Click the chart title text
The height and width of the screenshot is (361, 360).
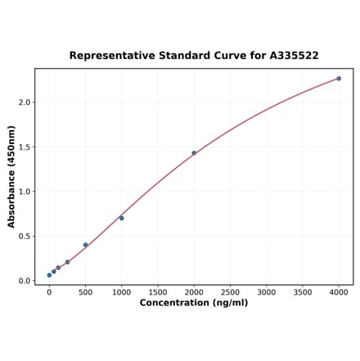click(194, 56)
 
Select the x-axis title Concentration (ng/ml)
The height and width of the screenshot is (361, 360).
click(194, 303)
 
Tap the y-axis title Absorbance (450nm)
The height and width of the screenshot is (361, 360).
click(11, 176)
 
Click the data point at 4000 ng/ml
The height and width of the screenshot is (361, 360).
click(339, 79)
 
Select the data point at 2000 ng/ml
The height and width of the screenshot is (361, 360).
click(194, 153)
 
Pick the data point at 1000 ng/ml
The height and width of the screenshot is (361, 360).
click(122, 218)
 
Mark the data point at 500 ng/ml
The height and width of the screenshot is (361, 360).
click(85, 245)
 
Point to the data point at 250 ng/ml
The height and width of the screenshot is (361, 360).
click(67, 262)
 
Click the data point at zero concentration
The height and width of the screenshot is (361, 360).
click(49, 275)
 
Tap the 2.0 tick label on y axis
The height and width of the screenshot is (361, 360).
click(25, 102)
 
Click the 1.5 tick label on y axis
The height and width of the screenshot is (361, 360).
click(25, 147)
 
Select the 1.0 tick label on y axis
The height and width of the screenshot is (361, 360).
click(25, 192)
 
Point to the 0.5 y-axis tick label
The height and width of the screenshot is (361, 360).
click(25, 237)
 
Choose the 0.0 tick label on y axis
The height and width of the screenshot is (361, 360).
click(25, 281)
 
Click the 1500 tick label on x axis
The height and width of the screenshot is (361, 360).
click(158, 291)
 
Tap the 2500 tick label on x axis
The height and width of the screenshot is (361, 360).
click(230, 291)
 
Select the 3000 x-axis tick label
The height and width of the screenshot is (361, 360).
click(267, 291)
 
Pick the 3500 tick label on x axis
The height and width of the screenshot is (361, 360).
click(303, 291)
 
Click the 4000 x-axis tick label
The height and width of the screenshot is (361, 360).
click(339, 291)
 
